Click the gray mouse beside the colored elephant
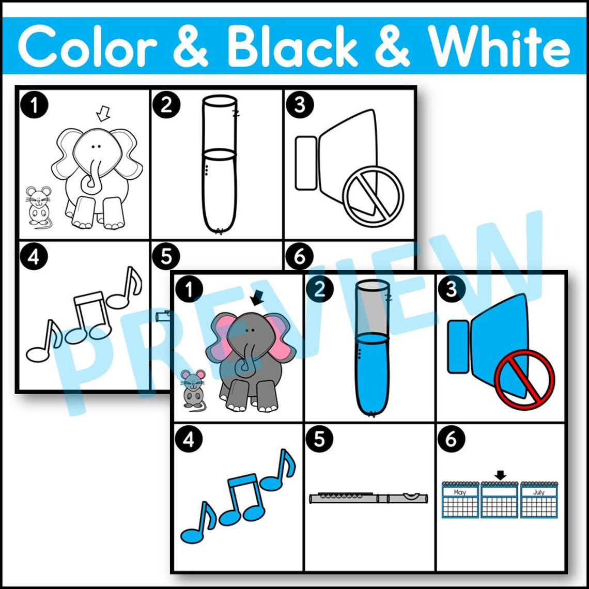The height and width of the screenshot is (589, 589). [x=193, y=389]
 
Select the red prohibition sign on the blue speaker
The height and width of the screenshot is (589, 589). [x=524, y=380]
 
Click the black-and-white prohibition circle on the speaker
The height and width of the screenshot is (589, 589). [x=373, y=197]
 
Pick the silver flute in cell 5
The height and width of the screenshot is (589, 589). [x=369, y=498]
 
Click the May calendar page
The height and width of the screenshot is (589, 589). [x=460, y=500]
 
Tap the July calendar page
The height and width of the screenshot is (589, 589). [x=538, y=500]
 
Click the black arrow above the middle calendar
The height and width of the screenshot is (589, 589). [x=499, y=474]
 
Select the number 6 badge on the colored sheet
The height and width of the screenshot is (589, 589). [x=451, y=439]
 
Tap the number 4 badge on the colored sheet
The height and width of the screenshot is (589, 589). [x=189, y=439]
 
